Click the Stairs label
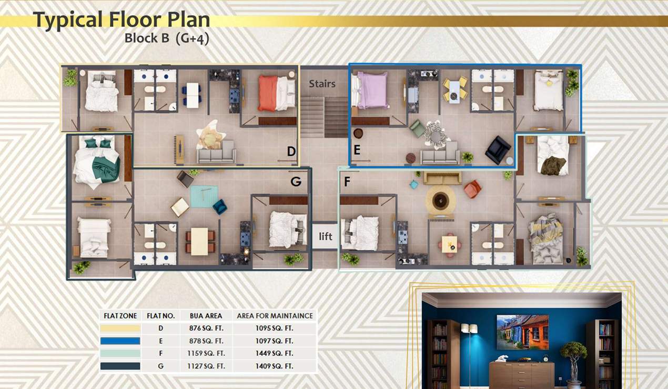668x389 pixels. [322, 84]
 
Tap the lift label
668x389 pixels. [326, 236]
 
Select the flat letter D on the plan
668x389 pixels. [291, 152]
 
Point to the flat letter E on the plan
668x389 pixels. [357, 151]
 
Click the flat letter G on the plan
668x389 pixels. [296, 182]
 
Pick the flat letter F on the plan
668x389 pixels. [347, 182]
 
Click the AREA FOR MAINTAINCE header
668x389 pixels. [275, 316]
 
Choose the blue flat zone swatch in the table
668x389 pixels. [120, 341]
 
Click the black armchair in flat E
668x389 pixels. [497, 149]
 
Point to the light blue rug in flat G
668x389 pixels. [204, 196]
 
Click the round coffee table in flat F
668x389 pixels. [440, 201]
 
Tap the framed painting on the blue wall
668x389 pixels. [522, 332]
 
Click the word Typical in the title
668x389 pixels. [68, 20]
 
